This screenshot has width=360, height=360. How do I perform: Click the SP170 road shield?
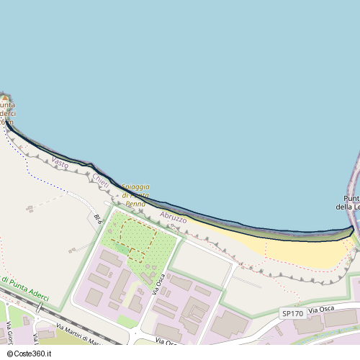point(292,313)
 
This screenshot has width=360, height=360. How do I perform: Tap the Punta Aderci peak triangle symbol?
point(4,98)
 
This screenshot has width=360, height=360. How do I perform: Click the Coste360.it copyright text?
point(31,354)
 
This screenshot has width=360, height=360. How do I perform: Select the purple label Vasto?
point(60,163)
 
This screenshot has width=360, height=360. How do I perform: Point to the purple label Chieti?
point(100,181)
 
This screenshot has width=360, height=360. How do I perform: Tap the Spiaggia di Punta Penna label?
point(135,195)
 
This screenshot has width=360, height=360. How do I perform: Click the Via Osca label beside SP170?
point(323,310)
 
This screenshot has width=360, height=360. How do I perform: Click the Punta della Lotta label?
point(352,203)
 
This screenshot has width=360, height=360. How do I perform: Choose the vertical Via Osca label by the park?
point(159,284)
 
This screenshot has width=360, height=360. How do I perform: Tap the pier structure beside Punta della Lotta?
point(354,180)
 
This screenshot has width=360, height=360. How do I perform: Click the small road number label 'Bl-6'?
point(98,218)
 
